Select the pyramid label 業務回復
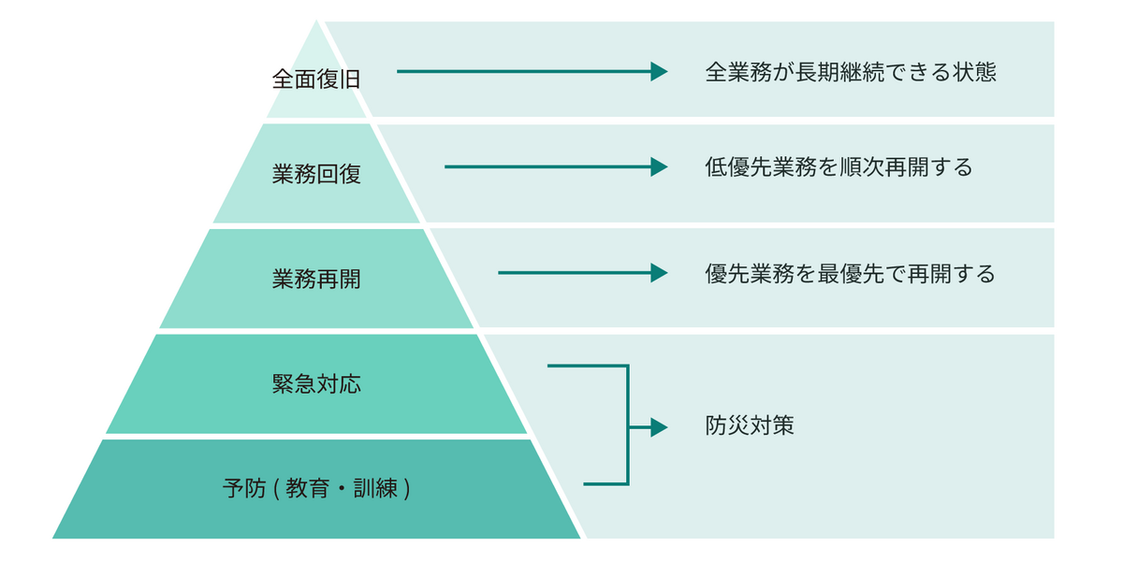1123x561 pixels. tap(316, 175)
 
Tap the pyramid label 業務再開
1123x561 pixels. tap(316, 279)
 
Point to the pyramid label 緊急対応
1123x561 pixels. tap(316, 384)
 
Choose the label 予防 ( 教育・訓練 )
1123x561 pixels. tap(316, 488)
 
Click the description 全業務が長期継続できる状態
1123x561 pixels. tap(850, 73)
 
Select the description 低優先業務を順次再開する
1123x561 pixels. tap(839, 168)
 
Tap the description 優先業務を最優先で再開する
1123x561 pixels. tap(850, 274)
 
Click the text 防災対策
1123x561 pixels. tap(749, 426)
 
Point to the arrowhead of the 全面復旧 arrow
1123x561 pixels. tap(660, 72)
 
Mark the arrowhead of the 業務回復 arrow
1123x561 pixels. tap(660, 167)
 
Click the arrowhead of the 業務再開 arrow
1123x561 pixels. tap(660, 273)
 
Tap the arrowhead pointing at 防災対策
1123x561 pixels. tap(660, 427)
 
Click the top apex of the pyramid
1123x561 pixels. tap(318, 22)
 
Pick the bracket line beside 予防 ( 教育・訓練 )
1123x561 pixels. tap(605, 484)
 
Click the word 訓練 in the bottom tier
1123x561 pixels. tap(380, 488)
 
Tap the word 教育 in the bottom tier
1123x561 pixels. tap(306, 488)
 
